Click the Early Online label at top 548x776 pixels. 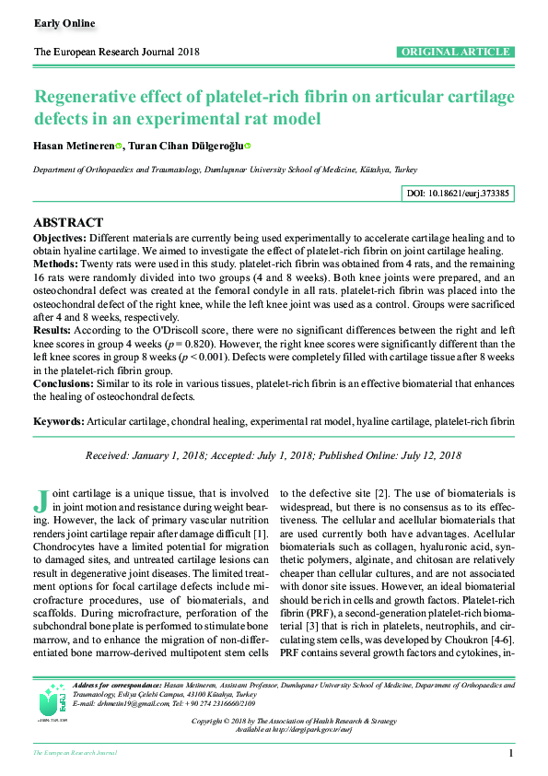pos(64,23)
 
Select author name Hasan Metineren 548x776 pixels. pos(74,146)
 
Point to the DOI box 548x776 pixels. pos(458,194)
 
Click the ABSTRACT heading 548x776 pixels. pos(68,223)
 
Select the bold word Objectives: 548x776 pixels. pos(62,238)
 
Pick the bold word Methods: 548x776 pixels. pos(56,264)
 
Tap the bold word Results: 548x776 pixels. pos(52,328)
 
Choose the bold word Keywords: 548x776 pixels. pos(59,420)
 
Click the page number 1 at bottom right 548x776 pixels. pos(510,754)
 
